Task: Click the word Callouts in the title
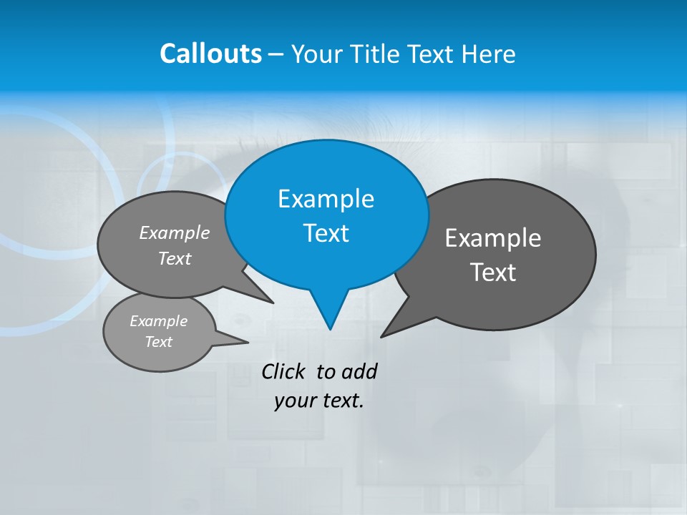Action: click(210, 54)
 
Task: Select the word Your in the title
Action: click(318, 54)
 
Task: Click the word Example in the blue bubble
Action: click(326, 199)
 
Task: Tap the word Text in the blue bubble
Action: click(326, 233)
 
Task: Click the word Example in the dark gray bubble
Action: click(493, 238)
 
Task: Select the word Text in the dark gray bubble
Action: click(493, 273)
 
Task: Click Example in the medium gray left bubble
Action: click(175, 232)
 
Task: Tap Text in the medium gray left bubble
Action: click(175, 258)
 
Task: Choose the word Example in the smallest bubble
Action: click(159, 321)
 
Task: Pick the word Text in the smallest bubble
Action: click(159, 342)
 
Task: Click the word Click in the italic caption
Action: click(283, 371)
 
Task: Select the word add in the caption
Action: click(359, 371)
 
